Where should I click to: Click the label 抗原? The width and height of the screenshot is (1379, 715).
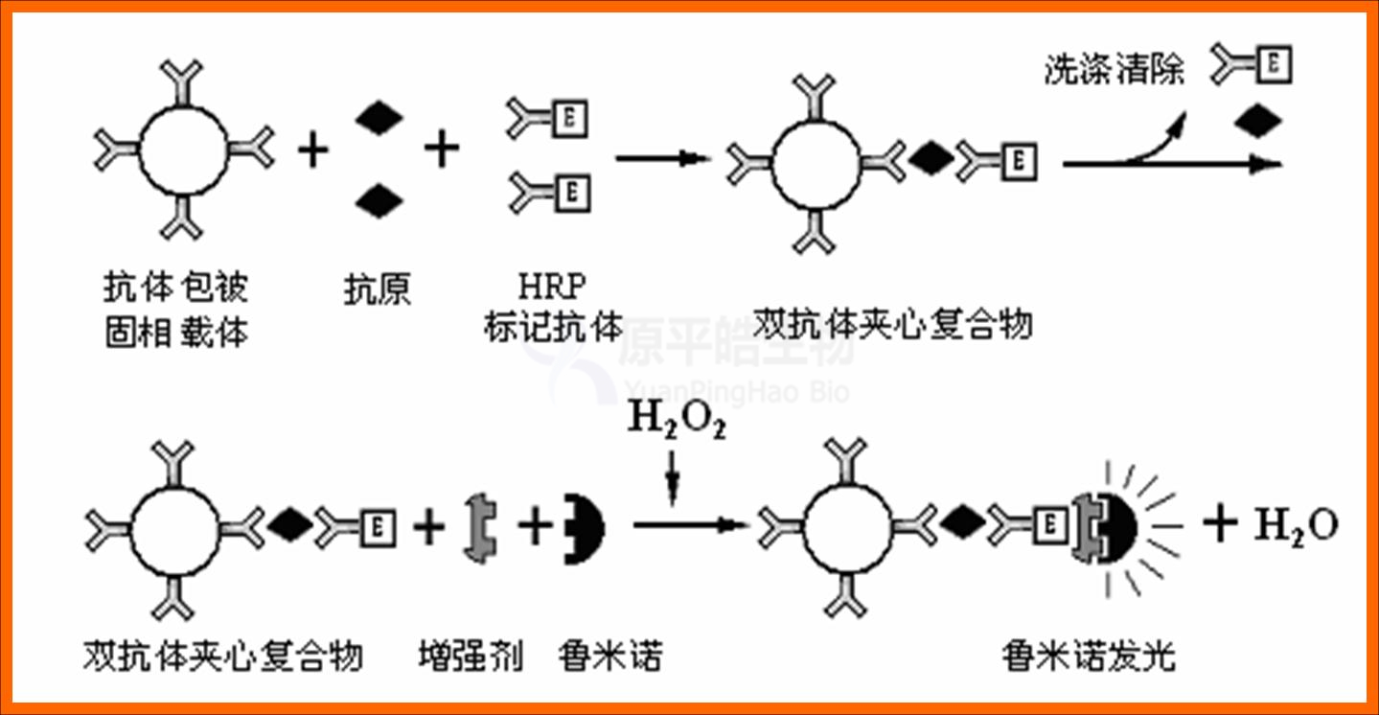tap(378, 288)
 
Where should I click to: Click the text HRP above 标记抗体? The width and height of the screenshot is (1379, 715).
tap(551, 287)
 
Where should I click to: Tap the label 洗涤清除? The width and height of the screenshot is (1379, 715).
tap(1115, 70)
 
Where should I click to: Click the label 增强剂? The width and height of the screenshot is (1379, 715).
tap(470, 657)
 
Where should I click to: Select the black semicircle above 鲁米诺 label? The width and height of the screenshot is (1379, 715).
tap(584, 527)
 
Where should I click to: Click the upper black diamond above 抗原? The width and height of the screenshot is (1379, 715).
tap(379, 117)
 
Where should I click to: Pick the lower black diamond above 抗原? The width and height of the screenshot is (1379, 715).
tap(379, 200)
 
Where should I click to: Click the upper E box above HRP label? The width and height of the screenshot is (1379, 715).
tap(571, 121)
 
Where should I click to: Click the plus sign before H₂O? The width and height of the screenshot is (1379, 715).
tap(1220, 524)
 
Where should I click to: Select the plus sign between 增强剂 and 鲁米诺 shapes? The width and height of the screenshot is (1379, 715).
tap(535, 526)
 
